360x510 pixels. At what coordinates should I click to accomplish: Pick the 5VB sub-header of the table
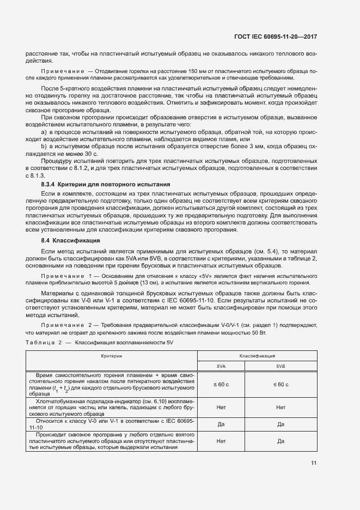click(x=280, y=366)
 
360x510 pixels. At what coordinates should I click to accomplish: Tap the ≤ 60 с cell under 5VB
click(x=280, y=385)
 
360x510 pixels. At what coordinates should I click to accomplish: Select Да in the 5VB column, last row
click(x=280, y=441)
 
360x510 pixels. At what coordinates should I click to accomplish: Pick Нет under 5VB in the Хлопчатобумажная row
click(x=280, y=407)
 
